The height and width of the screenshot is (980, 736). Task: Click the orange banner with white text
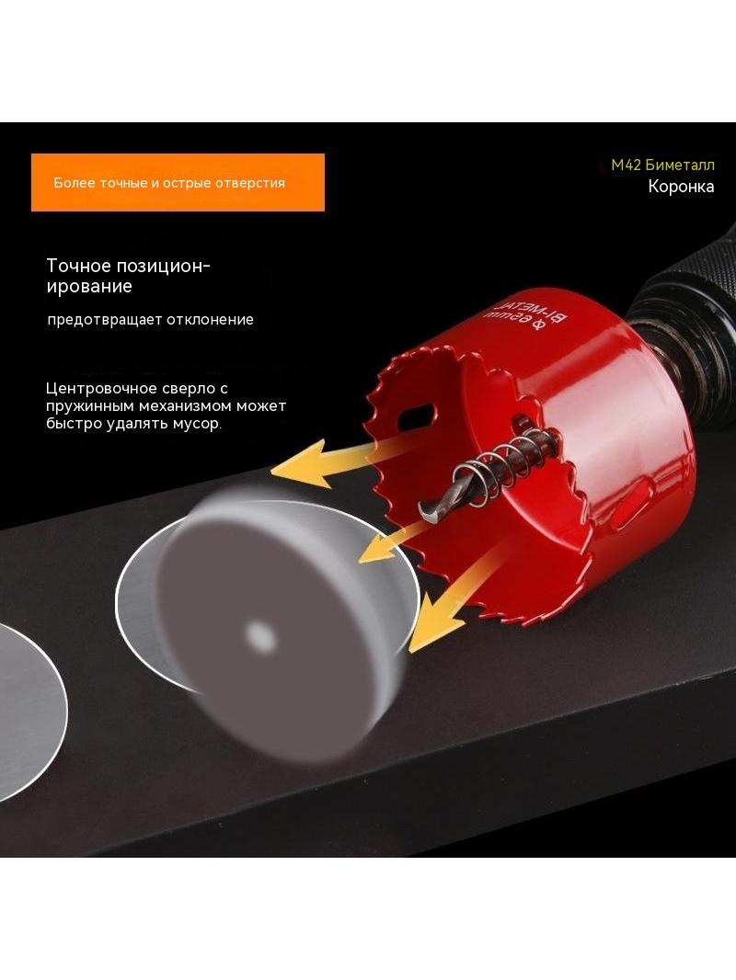coord(178,183)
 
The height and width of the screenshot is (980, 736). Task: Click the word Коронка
coord(681,187)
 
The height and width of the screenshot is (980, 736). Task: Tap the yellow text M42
coord(626,165)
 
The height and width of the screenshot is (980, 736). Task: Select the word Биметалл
coord(680,165)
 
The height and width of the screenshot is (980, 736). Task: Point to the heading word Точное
coord(78,266)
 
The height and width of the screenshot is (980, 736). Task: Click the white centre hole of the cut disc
coord(260,636)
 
